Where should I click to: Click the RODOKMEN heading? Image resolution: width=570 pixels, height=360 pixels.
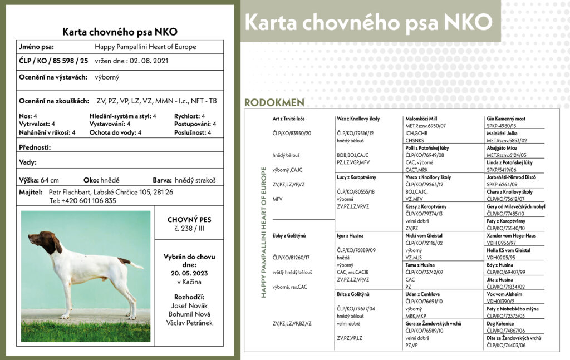tap(274, 102)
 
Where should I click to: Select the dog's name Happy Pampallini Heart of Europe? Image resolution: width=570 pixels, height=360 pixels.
tap(145, 47)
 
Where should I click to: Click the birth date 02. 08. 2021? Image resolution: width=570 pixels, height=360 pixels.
tap(149, 60)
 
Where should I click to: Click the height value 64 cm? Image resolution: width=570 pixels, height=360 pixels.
tap(50, 180)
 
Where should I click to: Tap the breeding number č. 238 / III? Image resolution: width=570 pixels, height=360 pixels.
tap(189, 228)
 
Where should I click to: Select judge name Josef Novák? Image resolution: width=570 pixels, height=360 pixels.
tap(189, 305)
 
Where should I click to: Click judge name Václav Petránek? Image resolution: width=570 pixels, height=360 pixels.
tap(189, 323)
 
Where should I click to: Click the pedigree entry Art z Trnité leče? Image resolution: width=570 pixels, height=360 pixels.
tap(288, 119)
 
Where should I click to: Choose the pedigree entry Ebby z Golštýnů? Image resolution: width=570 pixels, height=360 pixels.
tap(289, 235)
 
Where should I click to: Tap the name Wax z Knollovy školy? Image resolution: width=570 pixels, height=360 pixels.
tap(358, 119)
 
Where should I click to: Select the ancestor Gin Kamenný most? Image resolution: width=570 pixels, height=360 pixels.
tap(505, 119)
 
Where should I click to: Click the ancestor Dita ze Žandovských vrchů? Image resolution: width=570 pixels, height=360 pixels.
tap(514, 338)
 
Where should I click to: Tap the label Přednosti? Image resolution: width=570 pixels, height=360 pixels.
tap(35, 147)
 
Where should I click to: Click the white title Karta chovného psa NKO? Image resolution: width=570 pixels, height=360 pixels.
tap(368, 22)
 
